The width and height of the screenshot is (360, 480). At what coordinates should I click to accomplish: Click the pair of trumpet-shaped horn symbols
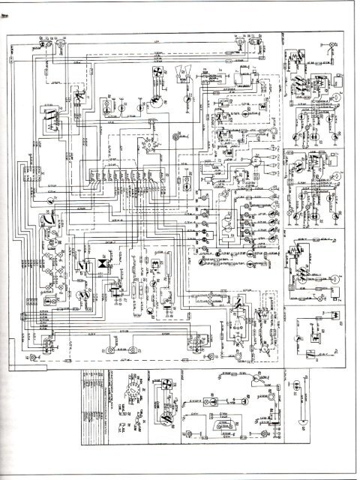pos(184,73)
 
